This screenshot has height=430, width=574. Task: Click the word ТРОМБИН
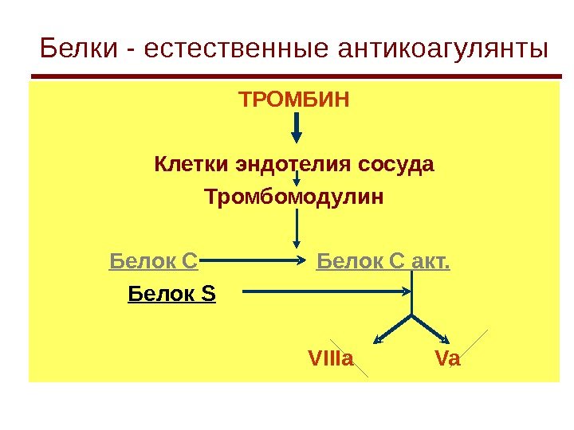294,101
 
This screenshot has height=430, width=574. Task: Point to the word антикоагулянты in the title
443,49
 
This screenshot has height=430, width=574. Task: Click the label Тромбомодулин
294,196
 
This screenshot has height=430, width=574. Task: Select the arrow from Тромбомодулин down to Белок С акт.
297,228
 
